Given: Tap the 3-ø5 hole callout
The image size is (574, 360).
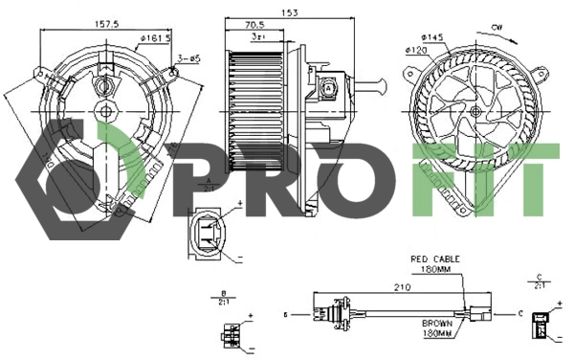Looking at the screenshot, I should [188, 59].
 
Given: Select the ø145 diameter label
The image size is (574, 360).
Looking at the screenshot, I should [431, 37].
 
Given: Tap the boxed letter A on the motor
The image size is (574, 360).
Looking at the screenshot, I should [328, 87].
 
